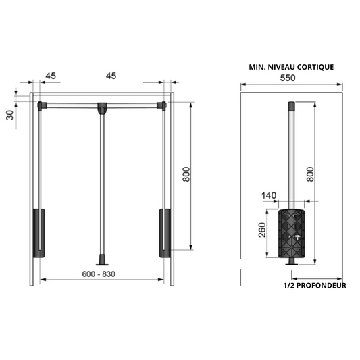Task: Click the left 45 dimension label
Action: (x=49, y=76)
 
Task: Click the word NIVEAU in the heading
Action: (x=277, y=67)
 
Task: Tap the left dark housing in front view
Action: (x=38, y=233)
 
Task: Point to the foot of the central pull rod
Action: (x=102, y=259)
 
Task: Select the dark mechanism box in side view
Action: (x=292, y=233)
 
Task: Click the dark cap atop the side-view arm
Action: (x=292, y=106)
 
